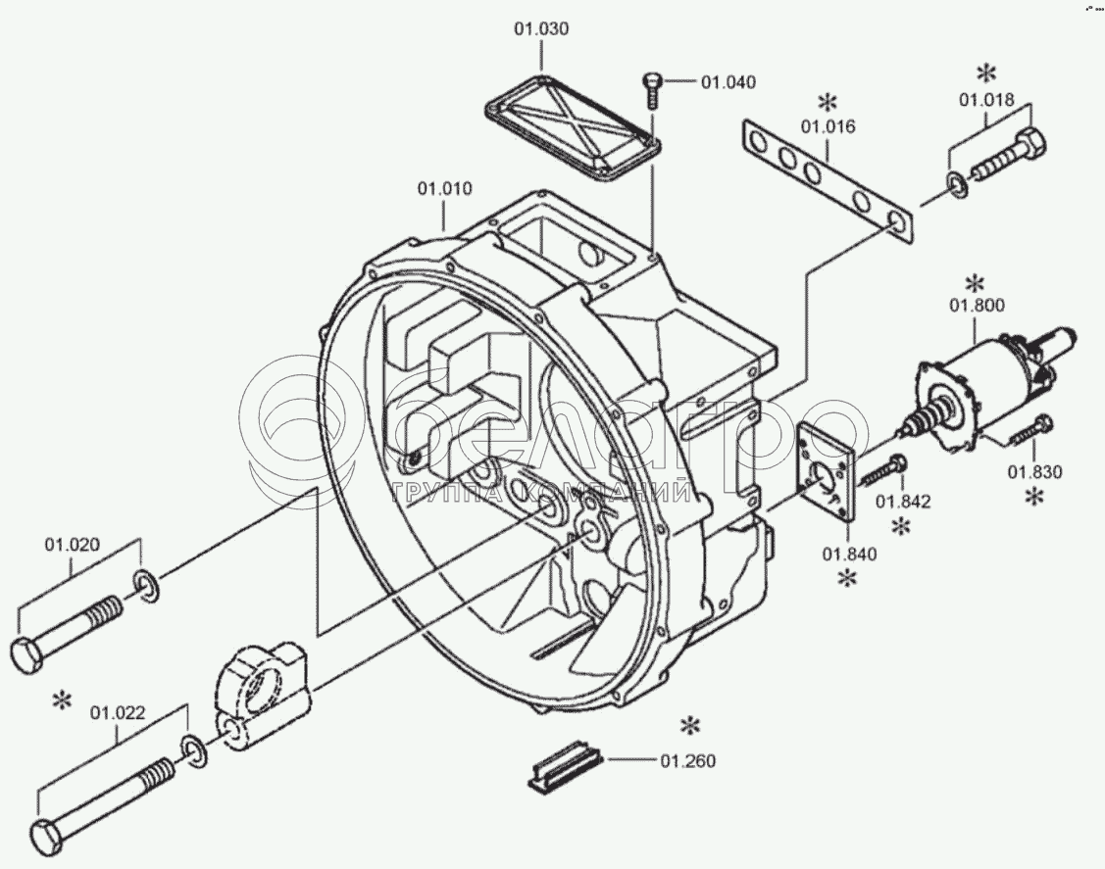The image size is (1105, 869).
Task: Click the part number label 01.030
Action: [541, 29]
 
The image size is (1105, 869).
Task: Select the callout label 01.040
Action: [728, 82]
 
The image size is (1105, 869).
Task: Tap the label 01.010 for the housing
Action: [445, 189]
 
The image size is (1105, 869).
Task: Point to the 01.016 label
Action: [829, 126]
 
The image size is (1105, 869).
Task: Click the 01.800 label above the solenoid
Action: [977, 306]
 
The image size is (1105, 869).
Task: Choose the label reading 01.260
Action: [688, 761]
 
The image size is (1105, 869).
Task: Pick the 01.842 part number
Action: [903, 502]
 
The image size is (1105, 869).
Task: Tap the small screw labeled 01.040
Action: [651, 90]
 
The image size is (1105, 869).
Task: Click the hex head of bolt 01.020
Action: [28, 654]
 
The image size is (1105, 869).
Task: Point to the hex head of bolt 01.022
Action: [49, 838]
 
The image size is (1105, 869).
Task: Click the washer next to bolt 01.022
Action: [193, 751]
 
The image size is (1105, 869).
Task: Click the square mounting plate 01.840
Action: [826, 471]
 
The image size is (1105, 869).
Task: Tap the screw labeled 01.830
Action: [1031, 430]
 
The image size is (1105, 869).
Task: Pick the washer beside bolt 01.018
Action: [957, 184]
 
